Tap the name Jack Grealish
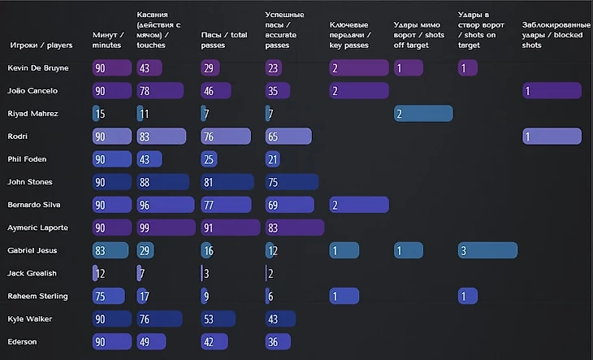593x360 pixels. click(x=32, y=274)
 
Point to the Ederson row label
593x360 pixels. click(x=22, y=342)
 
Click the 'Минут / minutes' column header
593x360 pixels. click(x=108, y=40)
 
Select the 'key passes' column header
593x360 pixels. click(x=349, y=40)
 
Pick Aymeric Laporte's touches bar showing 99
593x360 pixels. click(x=166, y=228)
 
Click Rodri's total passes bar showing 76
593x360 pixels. click(x=223, y=137)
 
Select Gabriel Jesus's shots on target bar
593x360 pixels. click(x=487, y=250)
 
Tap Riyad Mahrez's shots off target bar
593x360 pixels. click(x=423, y=114)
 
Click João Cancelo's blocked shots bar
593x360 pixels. click(x=552, y=91)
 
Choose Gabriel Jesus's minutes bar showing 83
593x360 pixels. click(x=110, y=250)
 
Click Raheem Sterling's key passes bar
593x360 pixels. click(x=344, y=296)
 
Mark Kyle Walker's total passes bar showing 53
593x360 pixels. click(x=217, y=319)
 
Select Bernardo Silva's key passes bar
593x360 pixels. click(x=358, y=205)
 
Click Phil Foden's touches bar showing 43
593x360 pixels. click(x=150, y=159)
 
